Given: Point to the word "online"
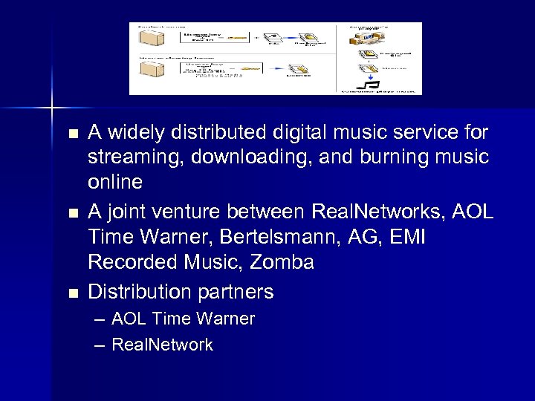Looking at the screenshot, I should (x=114, y=183).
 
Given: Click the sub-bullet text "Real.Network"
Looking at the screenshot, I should (x=162, y=345).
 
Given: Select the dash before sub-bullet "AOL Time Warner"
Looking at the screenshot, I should (x=100, y=319).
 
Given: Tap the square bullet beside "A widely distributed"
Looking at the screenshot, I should (x=72, y=134).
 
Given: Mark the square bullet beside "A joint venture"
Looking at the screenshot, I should (x=72, y=214).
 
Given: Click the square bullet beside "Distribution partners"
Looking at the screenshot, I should (x=72, y=293).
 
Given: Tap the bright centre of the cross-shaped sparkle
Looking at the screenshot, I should (x=52, y=108).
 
